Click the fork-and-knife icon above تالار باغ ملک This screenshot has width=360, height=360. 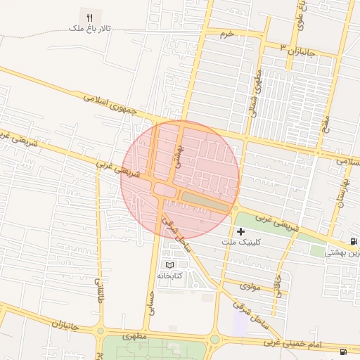coord(89,18)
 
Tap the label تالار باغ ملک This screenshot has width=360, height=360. coord(89,29)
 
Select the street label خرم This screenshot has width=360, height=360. coord(226,34)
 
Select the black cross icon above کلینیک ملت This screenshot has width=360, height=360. coord(241,231)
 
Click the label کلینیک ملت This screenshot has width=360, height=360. coord(241,241)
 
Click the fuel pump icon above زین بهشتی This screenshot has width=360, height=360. coord(352,241)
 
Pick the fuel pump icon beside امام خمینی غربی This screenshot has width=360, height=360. coord(342,351)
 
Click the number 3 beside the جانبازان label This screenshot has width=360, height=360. coord(283,46)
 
